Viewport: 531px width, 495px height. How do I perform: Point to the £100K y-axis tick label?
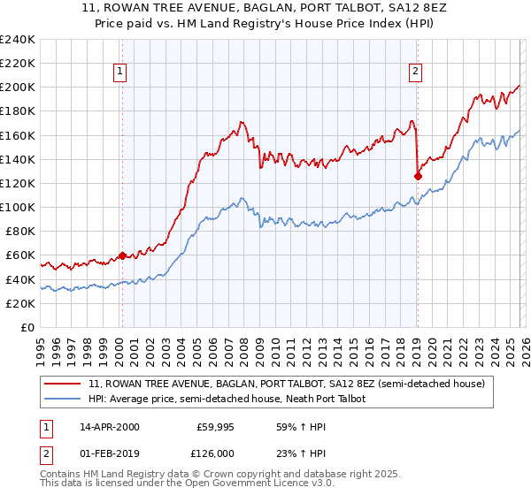(x=17, y=207)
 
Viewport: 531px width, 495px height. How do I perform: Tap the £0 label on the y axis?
(x=27, y=327)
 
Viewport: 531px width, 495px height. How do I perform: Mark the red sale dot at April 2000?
(x=122, y=255)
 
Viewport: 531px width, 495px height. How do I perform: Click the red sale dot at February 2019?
(x=418, y=176)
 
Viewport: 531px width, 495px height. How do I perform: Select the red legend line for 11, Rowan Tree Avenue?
(x=63, y=385)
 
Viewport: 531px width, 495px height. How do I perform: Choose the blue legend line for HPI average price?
(x=63, y=400)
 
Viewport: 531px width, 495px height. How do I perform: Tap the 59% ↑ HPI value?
(x=290, y=427)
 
